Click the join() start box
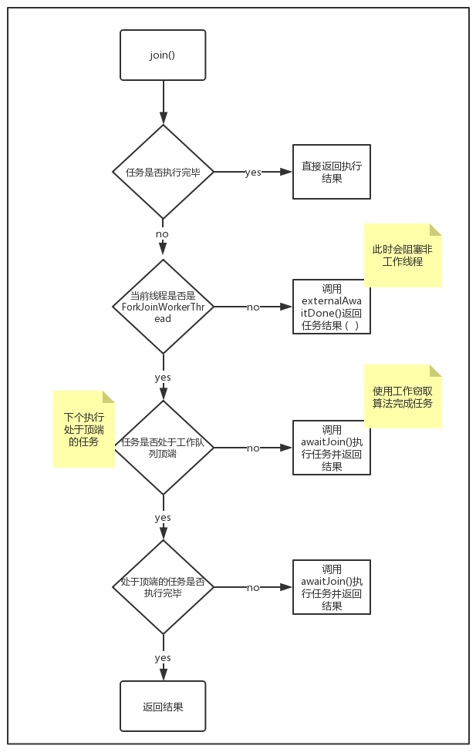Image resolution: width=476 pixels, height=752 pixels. (163, 55)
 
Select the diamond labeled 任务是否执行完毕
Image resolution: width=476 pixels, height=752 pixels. (163, 172)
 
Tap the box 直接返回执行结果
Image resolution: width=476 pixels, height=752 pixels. (332, 172)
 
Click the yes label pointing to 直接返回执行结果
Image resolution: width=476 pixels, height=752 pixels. (253, 173)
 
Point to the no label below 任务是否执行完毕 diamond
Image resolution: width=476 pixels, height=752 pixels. (162, 233)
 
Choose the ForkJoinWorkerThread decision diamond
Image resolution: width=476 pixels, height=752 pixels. (163, 307)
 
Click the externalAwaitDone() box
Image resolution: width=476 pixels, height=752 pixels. (332, 307)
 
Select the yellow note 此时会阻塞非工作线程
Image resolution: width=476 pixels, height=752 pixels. (403, 256)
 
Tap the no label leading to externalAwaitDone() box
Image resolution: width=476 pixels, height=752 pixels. (253, 307)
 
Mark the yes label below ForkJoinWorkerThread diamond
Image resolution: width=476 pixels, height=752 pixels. (163, 378)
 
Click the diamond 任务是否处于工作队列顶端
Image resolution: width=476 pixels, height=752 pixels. (163, 448)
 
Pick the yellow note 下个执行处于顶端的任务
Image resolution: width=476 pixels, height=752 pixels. (84, 429)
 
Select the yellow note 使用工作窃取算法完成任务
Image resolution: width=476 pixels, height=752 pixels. (403, 397)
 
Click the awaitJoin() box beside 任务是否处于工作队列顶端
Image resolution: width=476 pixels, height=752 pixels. (332, 448)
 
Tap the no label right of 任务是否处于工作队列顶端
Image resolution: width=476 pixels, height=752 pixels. (253, 448)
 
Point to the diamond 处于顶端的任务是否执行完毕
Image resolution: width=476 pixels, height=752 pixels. (163, 587)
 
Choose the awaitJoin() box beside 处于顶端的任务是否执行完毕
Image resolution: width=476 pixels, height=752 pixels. (332, 587)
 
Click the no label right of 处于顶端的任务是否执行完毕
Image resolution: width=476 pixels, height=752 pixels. (253, 588)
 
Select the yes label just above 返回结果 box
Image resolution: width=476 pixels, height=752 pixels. (163, 658)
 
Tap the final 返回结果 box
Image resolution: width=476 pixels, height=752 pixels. (163, 707)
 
